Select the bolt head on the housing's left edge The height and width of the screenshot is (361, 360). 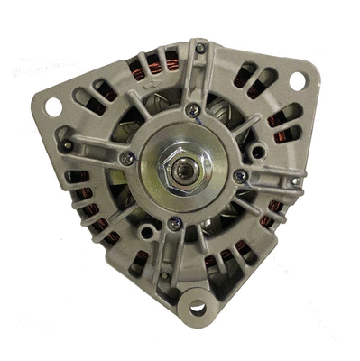coord(65,144)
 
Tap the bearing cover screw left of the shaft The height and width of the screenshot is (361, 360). coord(127,159)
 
